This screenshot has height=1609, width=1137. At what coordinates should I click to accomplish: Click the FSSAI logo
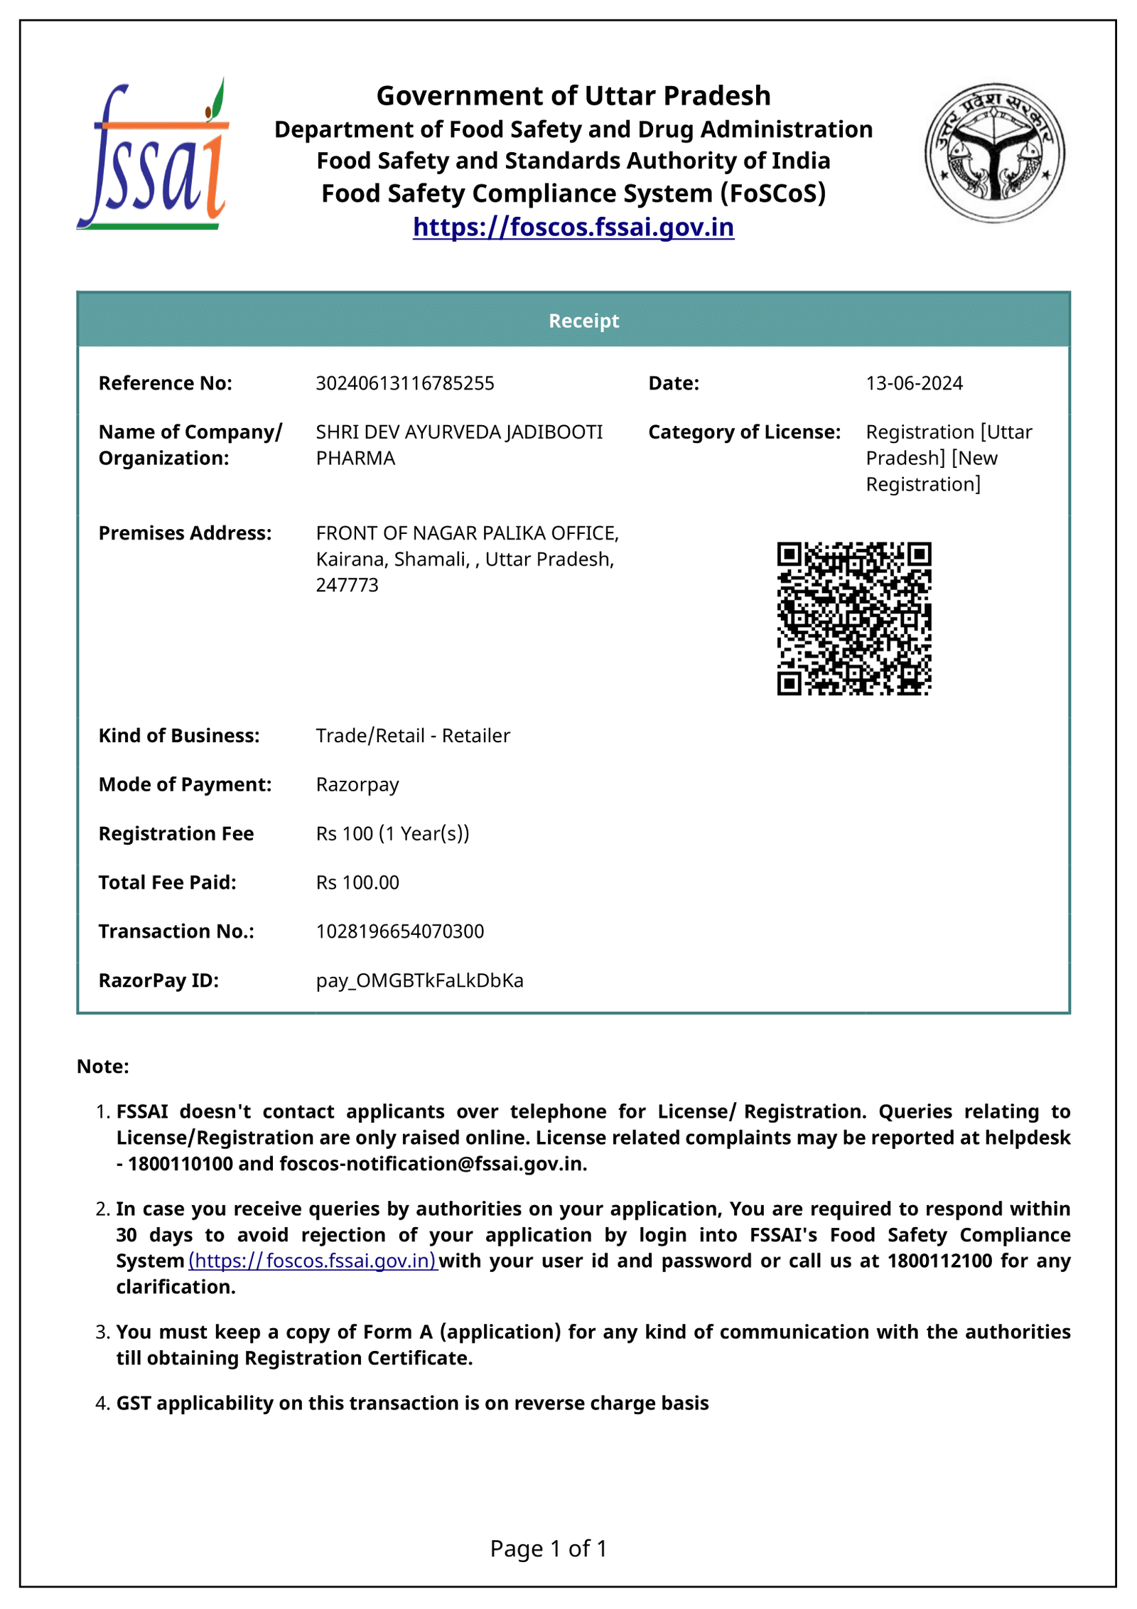click(152, 155)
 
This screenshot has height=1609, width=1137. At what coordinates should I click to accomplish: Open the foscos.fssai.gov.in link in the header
click(573, 227)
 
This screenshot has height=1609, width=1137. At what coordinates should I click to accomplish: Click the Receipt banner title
click(583, 321)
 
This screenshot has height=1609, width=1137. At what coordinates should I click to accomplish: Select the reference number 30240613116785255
click(404, 383)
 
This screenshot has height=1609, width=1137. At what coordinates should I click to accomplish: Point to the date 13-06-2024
click(914, 383)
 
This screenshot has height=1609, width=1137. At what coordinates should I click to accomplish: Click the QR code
click(853, 618)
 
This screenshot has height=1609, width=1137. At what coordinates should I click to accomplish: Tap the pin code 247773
click(347, 584)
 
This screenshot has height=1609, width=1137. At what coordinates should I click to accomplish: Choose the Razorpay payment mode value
click(357, 784)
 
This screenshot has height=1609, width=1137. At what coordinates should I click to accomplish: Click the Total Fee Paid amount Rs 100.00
click(357, 882)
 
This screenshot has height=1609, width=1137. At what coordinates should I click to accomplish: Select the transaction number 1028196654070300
click(399, 931)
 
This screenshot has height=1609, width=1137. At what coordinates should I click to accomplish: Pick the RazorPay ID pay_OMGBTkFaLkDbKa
click(419, 980)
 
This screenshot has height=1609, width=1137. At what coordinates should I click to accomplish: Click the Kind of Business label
click(179, 735)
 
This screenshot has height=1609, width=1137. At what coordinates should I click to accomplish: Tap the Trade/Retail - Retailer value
click(412, 735)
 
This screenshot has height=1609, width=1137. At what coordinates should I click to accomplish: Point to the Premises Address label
click(185, 533)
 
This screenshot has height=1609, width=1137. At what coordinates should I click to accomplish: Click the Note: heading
click(103, 1066)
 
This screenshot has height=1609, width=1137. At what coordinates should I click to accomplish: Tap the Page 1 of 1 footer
click(548, 1548)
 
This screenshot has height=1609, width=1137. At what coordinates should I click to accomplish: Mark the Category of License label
click(744, 432)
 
